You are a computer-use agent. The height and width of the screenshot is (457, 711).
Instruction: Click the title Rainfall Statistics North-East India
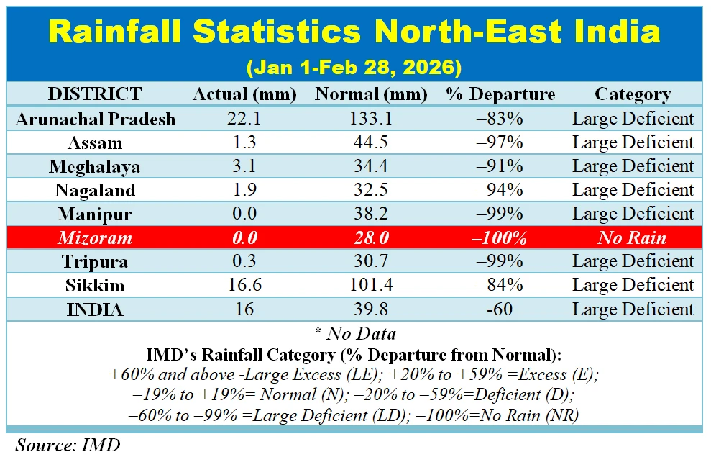click(354, 33)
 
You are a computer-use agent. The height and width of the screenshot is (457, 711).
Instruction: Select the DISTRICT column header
click(95, 94)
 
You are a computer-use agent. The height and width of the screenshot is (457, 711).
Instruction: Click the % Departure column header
click(500, 94)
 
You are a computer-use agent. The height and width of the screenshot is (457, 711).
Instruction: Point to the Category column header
click(633, 94)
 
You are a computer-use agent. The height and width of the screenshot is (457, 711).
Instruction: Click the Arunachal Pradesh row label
click(95, 119)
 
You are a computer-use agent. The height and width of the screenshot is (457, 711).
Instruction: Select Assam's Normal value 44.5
click(371, 142)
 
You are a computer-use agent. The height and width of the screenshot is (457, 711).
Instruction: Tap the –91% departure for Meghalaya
click(500, 166)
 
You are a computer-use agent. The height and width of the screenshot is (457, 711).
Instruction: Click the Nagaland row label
click(95, 190)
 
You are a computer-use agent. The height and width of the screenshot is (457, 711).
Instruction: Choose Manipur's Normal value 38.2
click(371, 214)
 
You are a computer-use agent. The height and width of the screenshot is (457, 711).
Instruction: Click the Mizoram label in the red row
click(95, 237)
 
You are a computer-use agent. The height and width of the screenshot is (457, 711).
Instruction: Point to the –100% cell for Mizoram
click(500, 237)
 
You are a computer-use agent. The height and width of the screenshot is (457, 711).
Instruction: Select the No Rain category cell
click(633, 237)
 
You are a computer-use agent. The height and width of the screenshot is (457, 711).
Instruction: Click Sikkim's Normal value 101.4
click(371, 285)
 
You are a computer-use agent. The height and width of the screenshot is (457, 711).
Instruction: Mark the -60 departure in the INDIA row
click(500, 309)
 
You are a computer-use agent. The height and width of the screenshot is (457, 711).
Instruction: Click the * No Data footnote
click(355, 333)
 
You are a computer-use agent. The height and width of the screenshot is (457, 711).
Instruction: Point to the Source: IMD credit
click(68, 444)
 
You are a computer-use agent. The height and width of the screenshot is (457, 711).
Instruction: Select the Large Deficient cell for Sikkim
click(633, 285)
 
